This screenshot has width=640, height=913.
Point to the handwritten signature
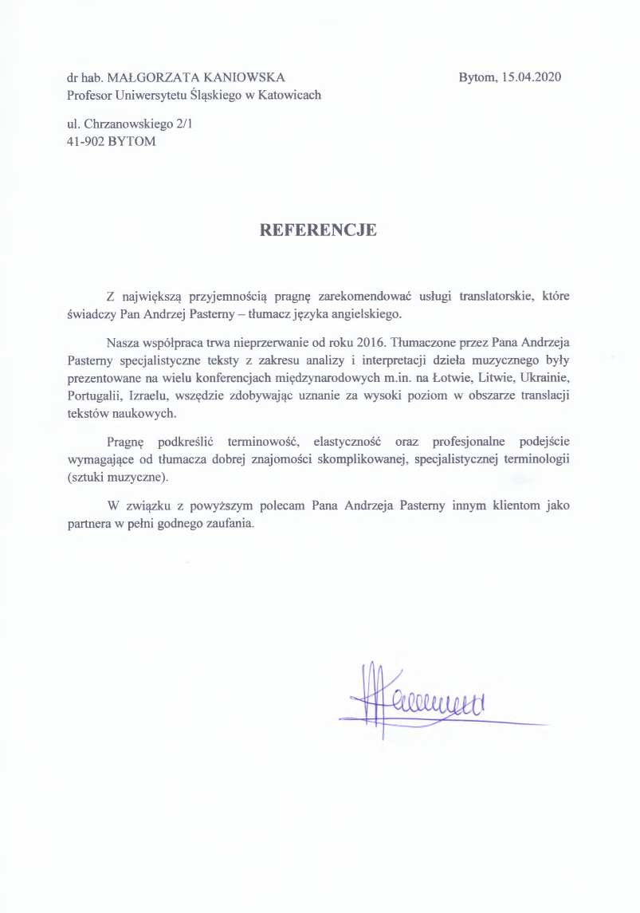click(x=422, y=700)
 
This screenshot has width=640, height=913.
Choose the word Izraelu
click(x=147, y=396)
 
